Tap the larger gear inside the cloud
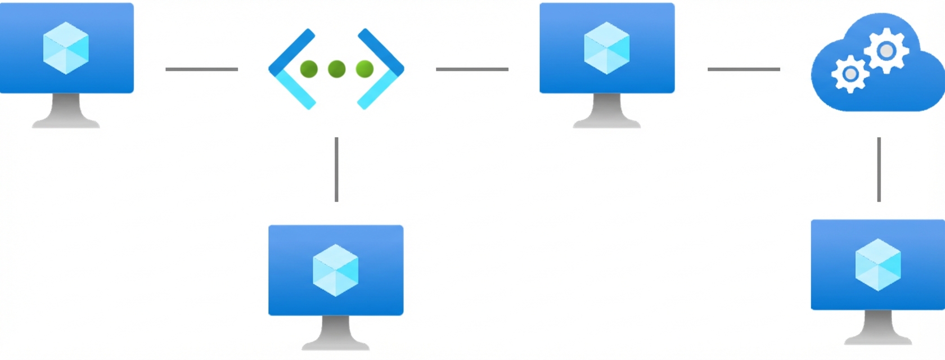pos(886,51)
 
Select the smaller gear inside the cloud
pos(850,74)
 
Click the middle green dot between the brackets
pos(336,69)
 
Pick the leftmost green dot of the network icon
pos(309,69)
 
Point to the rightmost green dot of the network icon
pos(364,69)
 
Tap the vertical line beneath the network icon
pos(336,169)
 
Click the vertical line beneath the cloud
pos(879,169)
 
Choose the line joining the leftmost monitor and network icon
pos(201,69)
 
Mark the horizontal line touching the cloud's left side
pos(743,69)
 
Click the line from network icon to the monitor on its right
pos(472,69)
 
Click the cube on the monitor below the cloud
pos(877,265)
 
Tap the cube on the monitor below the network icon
pos(335,270)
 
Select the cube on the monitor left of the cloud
pos(606,48)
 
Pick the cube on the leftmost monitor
pos(66,48)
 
